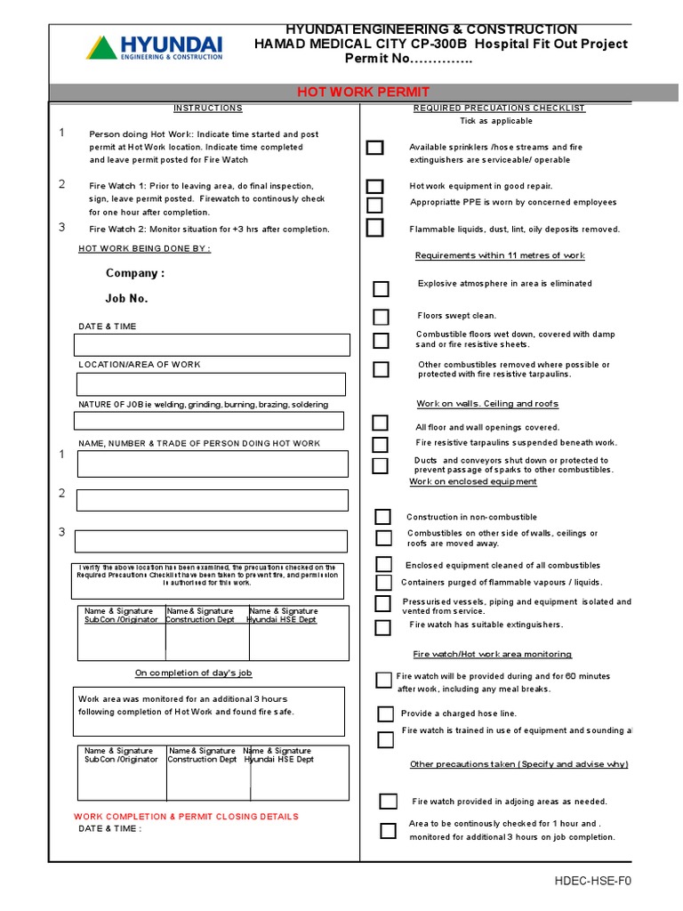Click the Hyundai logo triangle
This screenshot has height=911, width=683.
pyautogui.click(x=101, y=47)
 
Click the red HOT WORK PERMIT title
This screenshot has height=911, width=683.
pyautogui.click(x=363, y=92)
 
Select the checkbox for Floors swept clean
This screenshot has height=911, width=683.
pyautogui.click(x=381, y=317)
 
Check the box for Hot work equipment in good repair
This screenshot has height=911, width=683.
pyautogui.click(x=375, y=186)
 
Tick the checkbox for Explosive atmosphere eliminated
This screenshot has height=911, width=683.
pyautogui.click(x=381, y=288)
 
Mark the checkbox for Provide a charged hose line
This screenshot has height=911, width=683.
pyautogui.click(x=385, y=713)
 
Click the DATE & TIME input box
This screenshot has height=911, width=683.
pyautogui.click(x=212, y=344)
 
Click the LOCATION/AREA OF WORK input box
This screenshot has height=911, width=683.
pyautogui.click(x=211, y=384)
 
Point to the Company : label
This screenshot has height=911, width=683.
pyautogui.click(x=135, y=273)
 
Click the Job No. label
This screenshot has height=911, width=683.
pyautogui.click(x=127, y=298)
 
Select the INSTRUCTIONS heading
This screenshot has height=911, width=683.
pyautogui.click(x=207, y=108)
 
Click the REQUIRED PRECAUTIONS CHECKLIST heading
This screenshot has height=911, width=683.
pyautogui.click(x=499, y=108)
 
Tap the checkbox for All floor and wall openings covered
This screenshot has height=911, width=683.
pyautogui.click(x=380, y=423)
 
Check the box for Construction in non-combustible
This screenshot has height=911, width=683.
pyautogui.click(x=382, y=517)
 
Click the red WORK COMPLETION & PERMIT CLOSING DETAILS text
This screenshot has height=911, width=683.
pyautogui.click(x=186, y=816)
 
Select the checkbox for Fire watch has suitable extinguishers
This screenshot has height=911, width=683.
pyautogui.click(x=382, y=627)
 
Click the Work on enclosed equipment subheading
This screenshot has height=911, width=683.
pyautogui.click(x=472, y=481)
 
